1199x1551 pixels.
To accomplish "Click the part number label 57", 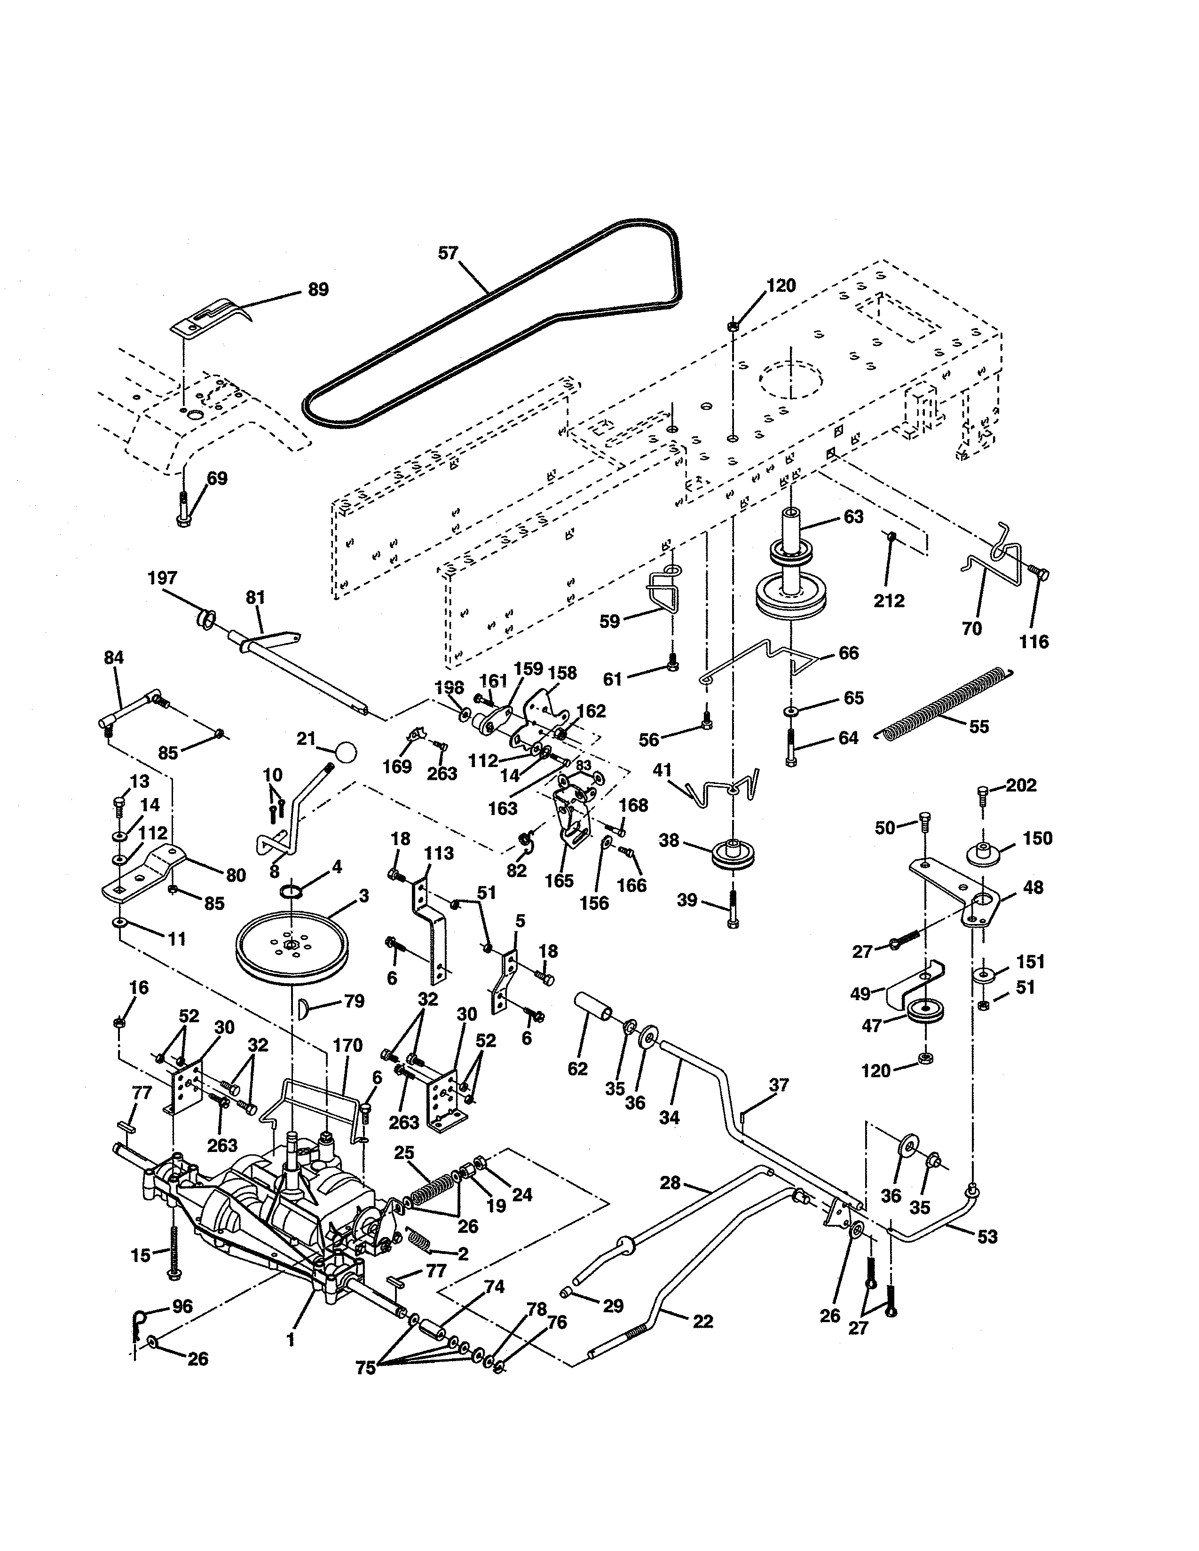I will (x=448, y=253).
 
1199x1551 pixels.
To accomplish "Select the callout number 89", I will (x=318, y=290).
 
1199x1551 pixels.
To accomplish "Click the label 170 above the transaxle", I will (x=347, y=1045).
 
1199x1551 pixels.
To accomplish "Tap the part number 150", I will (x=1037, y=838).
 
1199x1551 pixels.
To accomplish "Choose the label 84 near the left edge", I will (x=114, y=658).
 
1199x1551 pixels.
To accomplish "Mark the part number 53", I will (x=987, y=1237).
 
